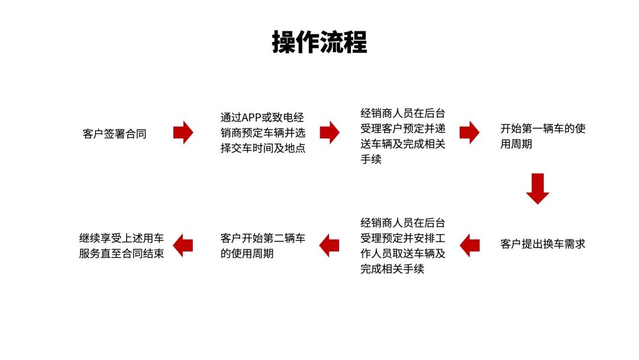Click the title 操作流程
[x=319, y=42]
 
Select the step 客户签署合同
[x=115, y=134]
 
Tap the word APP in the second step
[x=251, y=118]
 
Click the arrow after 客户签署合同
[x=183, y=133]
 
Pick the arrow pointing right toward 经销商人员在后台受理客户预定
[x=330, y=133]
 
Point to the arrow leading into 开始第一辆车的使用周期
[x=469, y=133]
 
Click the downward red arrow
[x=537, y=189]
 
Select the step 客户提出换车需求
[x=543, y=244]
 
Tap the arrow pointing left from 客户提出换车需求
[x=469, y=246]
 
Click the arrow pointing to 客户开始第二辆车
[x=330, y=246]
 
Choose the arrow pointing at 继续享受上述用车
[x=183, y=246]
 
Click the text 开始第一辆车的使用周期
[x=543, y=136]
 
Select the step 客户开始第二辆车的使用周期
[x=263, y=246]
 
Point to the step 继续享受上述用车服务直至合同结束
[x=121, y=246]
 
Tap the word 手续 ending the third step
[x=371, y=159]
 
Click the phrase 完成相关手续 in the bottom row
[x=392, y=269]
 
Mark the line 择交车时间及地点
[x=263, y=148]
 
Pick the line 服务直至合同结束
[x=121, y=253]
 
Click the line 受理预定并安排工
[x=403, y=238]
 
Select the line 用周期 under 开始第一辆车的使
[x=517, y=144]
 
